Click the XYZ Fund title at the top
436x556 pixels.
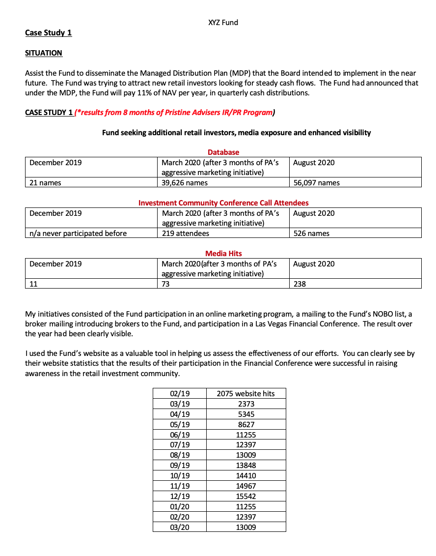[x=223, y=22]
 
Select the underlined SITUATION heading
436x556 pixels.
[x=44, y=53]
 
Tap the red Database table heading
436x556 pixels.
[x=223, y=152]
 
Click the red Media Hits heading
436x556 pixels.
[x=223, y=254]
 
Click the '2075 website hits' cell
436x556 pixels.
[x=245, y=393]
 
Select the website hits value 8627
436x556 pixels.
[x=245, y=424]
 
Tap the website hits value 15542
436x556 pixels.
[x=245, y=496]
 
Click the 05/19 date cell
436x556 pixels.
[x=179, y=424]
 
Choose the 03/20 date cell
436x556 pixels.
[x=179, y=527]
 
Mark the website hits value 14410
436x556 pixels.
[x=245, y=475]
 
